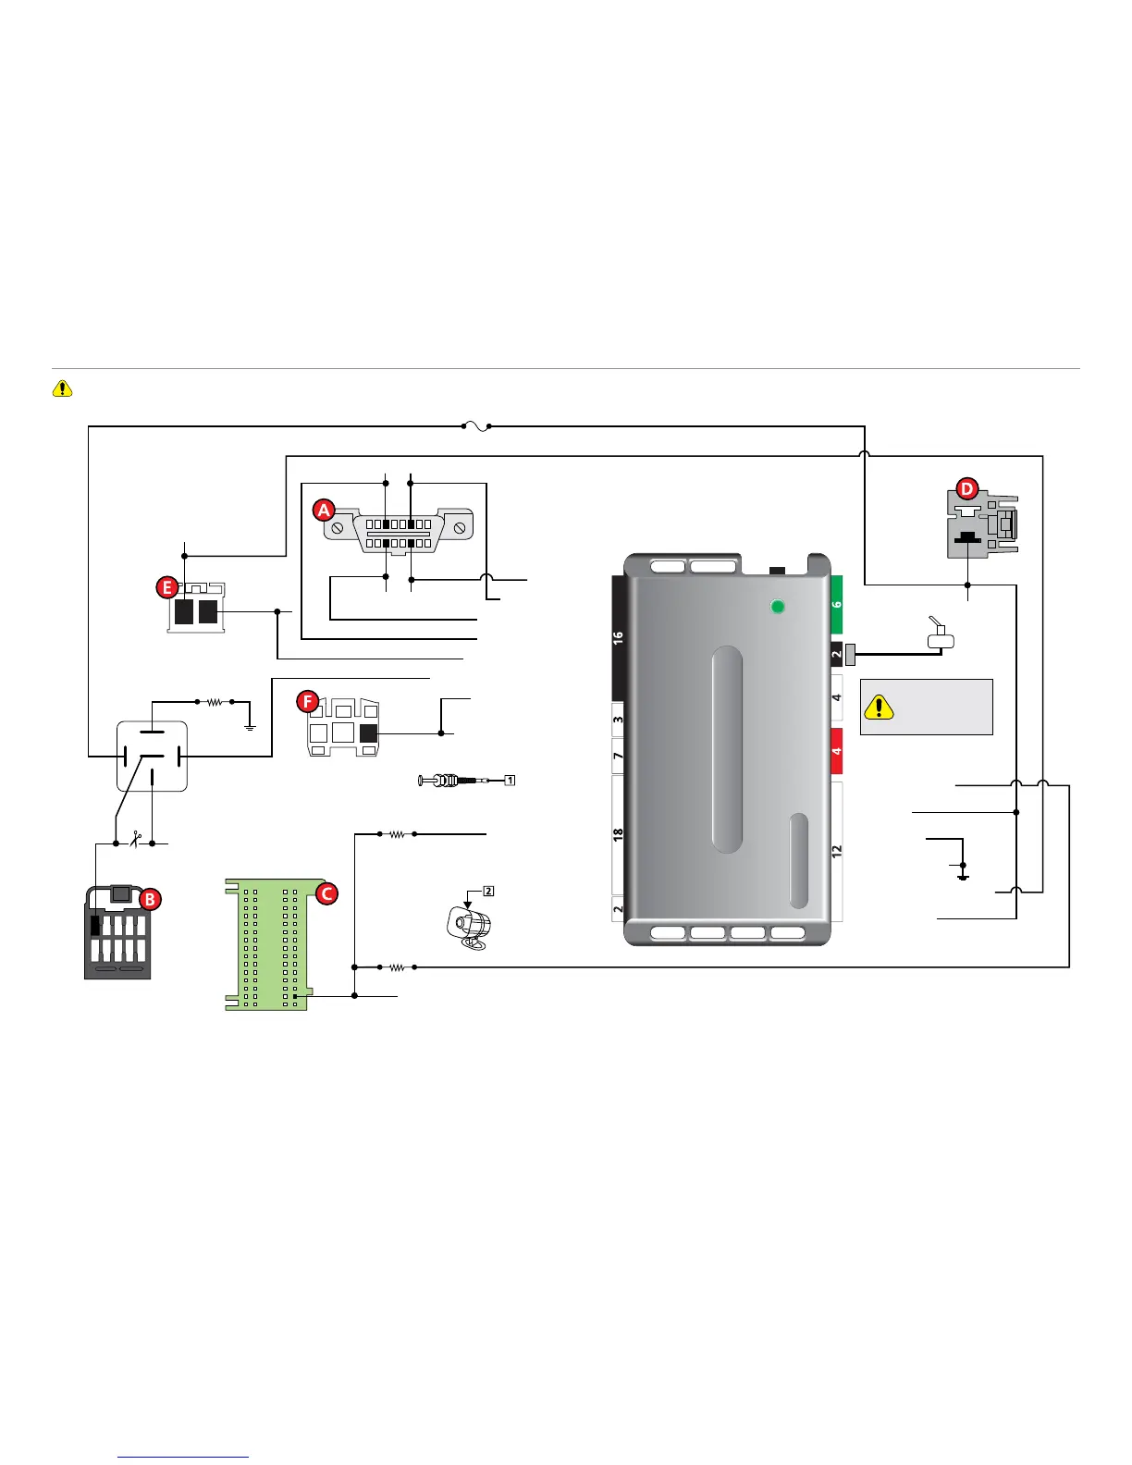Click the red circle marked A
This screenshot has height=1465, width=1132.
point(324,510)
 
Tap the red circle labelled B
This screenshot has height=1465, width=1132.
point(150,899)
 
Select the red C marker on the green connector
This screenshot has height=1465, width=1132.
point(326,893)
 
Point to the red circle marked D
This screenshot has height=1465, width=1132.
point(966,488)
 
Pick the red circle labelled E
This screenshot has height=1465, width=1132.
point(167,587)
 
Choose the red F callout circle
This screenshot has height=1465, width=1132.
point(308,701)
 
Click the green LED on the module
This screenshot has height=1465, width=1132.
point(778,607)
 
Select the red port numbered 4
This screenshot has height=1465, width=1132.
point(836,751)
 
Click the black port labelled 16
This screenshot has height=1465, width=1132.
point(619,637)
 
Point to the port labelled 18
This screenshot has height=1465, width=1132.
point(619,834)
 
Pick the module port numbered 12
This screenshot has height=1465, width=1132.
point(837,852)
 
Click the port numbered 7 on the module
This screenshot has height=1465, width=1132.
point(619,757)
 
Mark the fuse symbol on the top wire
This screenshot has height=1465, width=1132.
point(475,426)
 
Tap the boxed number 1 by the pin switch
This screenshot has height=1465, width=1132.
point(510,780)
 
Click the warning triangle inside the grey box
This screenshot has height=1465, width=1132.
point(879,707)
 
